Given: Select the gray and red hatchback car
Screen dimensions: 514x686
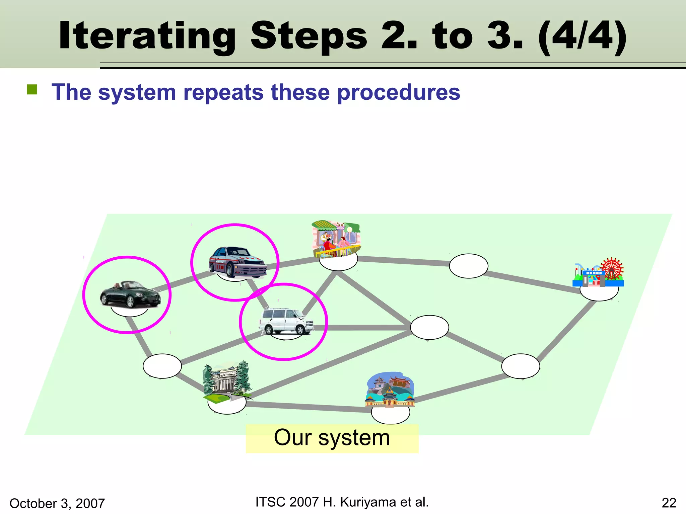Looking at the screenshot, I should [x=237, y=262].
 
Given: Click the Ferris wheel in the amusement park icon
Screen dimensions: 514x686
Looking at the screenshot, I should [x=612, y=268].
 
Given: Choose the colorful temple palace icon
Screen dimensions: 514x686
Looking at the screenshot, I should [x=390, y=390].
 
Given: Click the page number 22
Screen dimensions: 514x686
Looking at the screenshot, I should [x=669, y=503].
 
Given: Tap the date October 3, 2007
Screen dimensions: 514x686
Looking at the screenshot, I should [x=57, y=503].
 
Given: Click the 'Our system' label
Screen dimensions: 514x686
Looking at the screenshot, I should [x=332, y=438].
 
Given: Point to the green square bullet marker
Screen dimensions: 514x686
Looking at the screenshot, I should [x=32, y=90].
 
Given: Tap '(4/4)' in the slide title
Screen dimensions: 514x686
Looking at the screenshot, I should [x=582, y=36].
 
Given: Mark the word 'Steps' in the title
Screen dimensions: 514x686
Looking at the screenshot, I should [x=309, y=36].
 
